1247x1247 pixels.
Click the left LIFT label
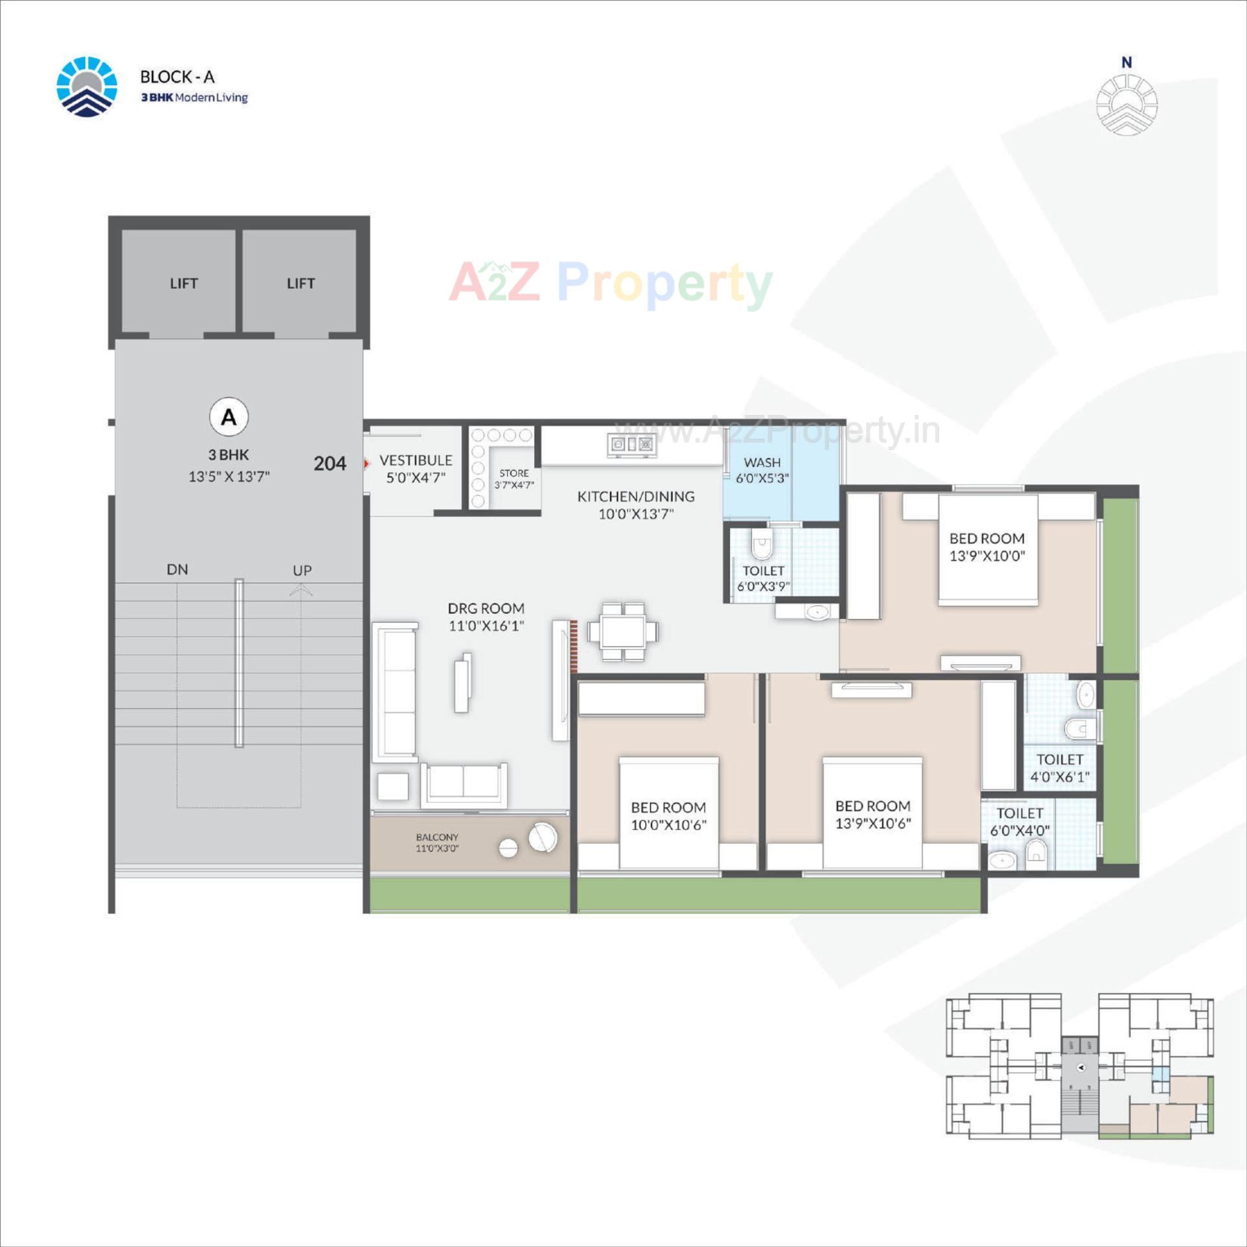[x=183, y=284]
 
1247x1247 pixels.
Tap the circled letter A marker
[x=229, y=417]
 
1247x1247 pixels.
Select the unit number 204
[x=330, y=464]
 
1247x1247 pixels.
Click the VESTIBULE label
[x=416, y=460]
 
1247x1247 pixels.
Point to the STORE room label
[x=514, y=473]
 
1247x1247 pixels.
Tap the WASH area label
[x=762, y=462]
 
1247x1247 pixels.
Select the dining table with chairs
[x=623, y=631]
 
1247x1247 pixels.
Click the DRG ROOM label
[x=486, y=609]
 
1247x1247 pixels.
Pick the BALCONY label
[x=437, y=837]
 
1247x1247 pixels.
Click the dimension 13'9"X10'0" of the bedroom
[x=987, y=556]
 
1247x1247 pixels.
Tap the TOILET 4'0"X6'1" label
[x=1059, y=768]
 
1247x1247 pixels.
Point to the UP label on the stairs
[x=302, y=570]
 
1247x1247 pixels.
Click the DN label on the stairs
[x=177, y=570]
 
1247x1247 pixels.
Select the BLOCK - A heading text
[x=177, y=77]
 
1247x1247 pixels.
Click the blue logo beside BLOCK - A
[x=87, y=87]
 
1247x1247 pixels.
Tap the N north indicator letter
[x=1127, y=62]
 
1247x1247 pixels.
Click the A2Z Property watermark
[x=611, y=283]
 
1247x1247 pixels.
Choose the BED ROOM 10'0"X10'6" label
[x=668, y=816]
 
